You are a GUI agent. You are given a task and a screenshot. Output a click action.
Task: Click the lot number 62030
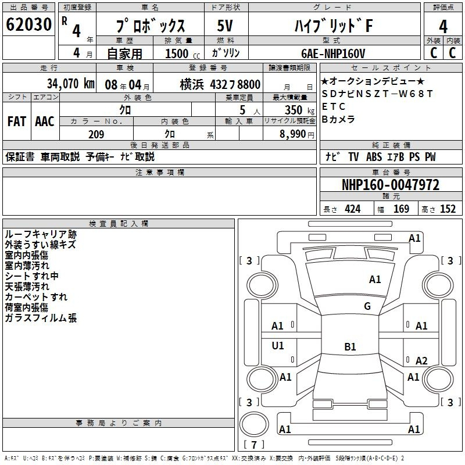(x=28, y=24)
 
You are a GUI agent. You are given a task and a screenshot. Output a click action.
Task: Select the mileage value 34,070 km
(x=71, y=84)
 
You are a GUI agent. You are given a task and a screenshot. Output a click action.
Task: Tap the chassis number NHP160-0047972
(x=391, y=185)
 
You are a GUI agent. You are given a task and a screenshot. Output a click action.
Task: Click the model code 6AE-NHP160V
(x=333, y=53)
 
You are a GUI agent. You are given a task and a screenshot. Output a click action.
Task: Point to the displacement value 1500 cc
(x=183, y=53)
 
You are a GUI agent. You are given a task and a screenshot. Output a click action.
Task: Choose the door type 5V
(x=225, y=26)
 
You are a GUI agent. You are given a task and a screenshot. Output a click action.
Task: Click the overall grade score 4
(x=443, y=27)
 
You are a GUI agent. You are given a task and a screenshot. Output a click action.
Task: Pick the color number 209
(x=96, y=134)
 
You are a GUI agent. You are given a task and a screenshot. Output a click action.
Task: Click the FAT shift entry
(x=17, y=121)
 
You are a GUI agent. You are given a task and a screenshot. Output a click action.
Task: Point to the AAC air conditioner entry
(x=45, y=121)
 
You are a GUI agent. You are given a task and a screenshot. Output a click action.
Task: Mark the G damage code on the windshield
(x=367, y=306)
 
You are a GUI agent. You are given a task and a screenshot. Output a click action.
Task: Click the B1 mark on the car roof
(x=350, y=346)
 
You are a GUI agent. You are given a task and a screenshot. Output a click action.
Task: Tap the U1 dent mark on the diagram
(x=278, y=345)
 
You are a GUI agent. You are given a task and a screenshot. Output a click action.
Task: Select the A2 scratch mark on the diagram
(x=421, y=360)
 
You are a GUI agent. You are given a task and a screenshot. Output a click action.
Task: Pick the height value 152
(x=448, y=209)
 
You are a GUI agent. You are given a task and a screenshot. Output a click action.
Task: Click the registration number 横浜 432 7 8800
(x=220, y=85)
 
